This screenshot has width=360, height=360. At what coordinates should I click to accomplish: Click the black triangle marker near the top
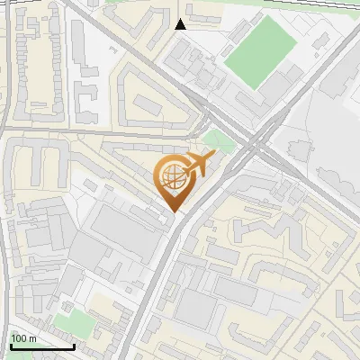coord(181,24)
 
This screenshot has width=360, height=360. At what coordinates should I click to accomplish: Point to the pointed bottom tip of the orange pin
coord(173,211)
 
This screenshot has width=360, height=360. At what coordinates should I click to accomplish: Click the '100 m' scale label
coord(23,338)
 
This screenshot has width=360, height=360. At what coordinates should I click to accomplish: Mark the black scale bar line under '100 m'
coord(41,346)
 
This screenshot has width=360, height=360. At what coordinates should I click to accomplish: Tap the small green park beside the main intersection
coord(216,139)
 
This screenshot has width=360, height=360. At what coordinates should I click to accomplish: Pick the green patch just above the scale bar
coord(67,322)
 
